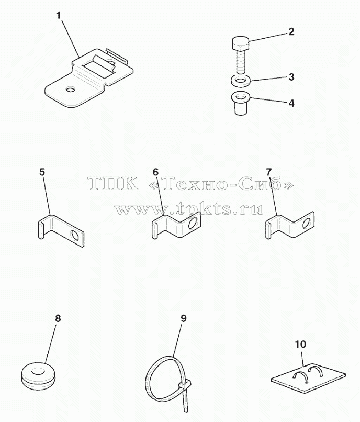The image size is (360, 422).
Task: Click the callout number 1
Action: click(x=59, y=16)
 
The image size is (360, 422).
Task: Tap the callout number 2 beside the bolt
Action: click(x=291, y=32)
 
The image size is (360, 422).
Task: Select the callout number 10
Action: click(x=300, y=344)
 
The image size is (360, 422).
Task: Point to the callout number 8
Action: click(x=58, y=318)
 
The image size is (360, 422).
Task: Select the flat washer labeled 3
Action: click(x=241, y=81)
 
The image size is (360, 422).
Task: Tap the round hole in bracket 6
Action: click(x=193, y=224)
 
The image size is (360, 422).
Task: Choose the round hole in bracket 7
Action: click(x=307, y=224)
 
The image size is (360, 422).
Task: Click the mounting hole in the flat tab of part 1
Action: click(x=71, y=89)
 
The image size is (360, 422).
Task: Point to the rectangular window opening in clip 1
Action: click(x=99, y=70)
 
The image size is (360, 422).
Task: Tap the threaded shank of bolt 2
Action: click(x=241, y=62)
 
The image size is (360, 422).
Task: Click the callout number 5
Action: click(x=42, y=172)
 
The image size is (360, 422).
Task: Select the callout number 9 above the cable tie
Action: click(x=183, y=318)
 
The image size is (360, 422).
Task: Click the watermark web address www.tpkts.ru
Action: click(x=189, y=209)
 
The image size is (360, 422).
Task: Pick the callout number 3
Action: click(x=291, y=77)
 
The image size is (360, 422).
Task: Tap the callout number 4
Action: click(x=291, y=104)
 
